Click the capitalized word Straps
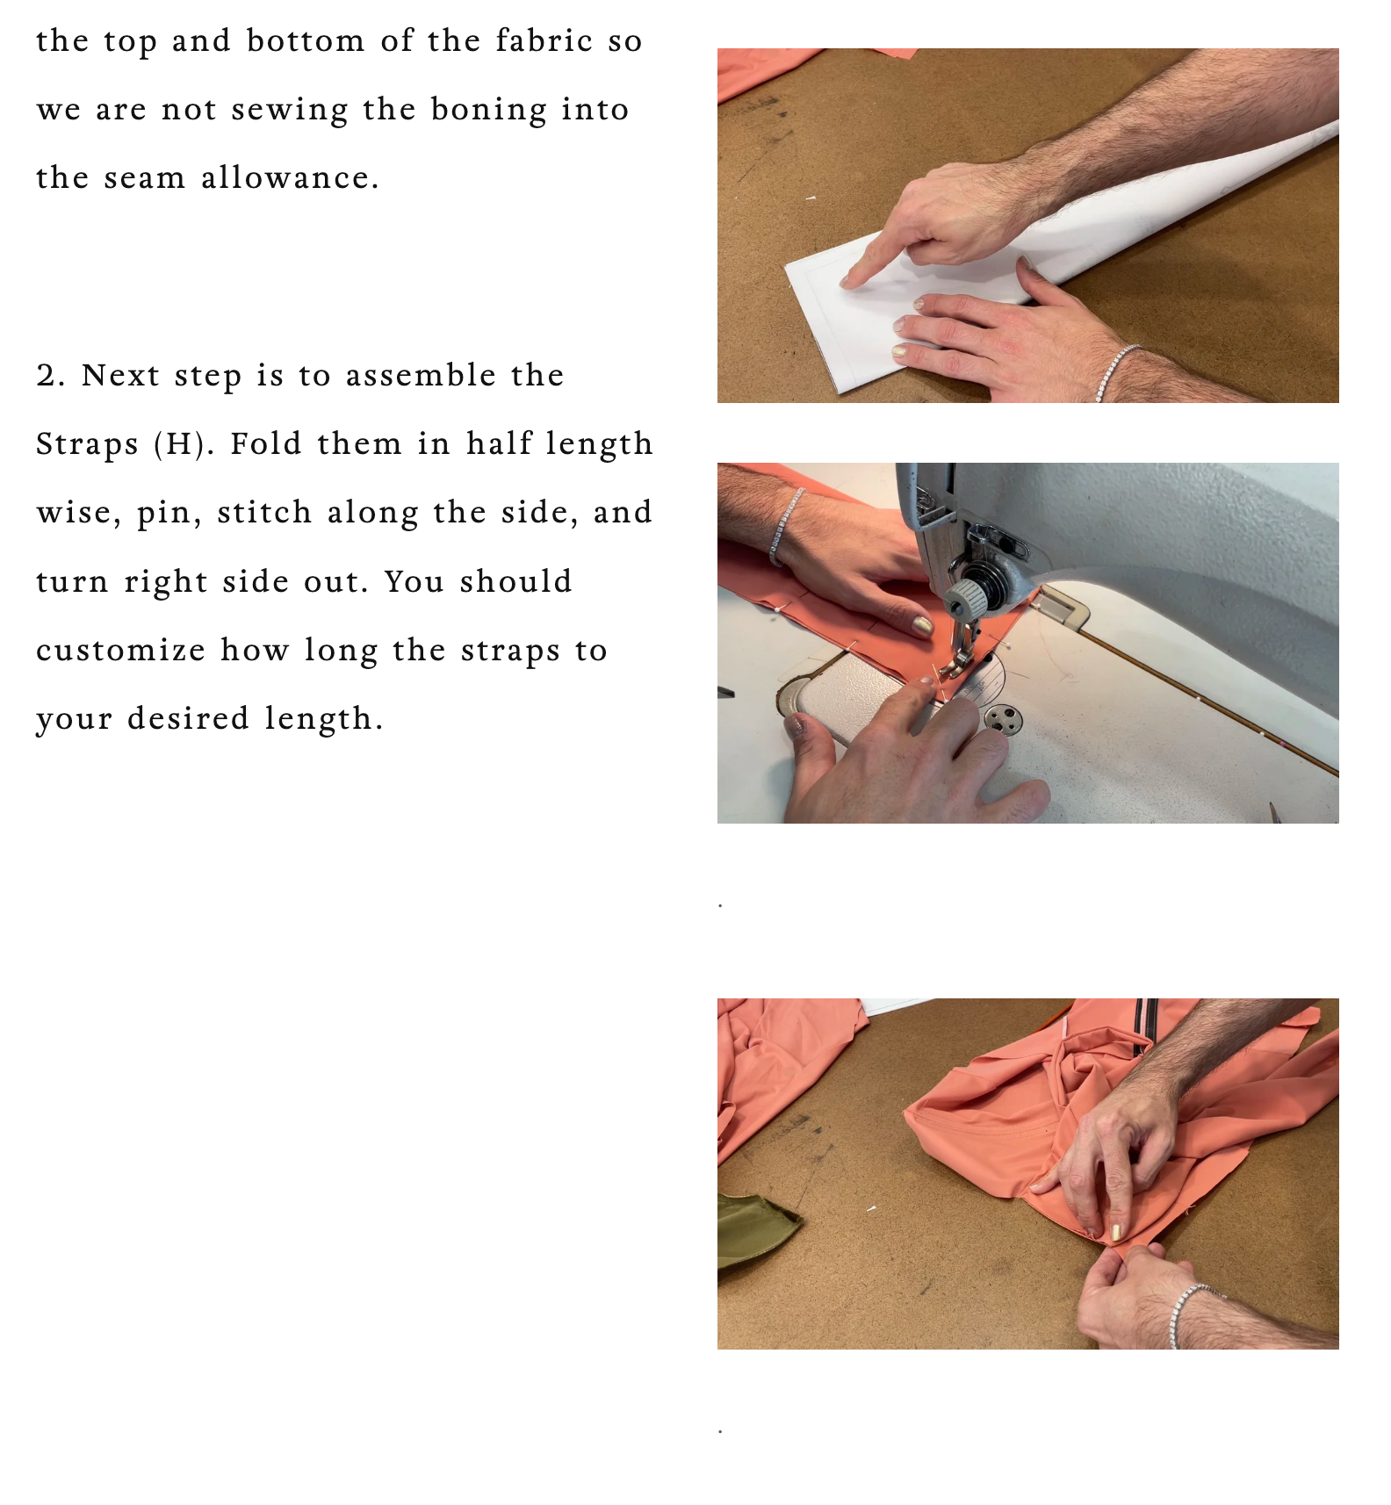87,445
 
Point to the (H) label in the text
184,444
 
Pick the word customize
120,651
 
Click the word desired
188,719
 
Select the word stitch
264,513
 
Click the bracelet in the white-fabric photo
1116,372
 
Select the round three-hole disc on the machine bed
1002,720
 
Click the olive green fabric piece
756,1229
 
